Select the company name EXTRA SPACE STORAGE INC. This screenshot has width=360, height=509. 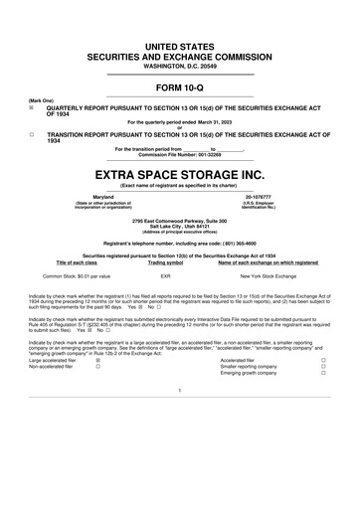[x=180, y=172]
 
